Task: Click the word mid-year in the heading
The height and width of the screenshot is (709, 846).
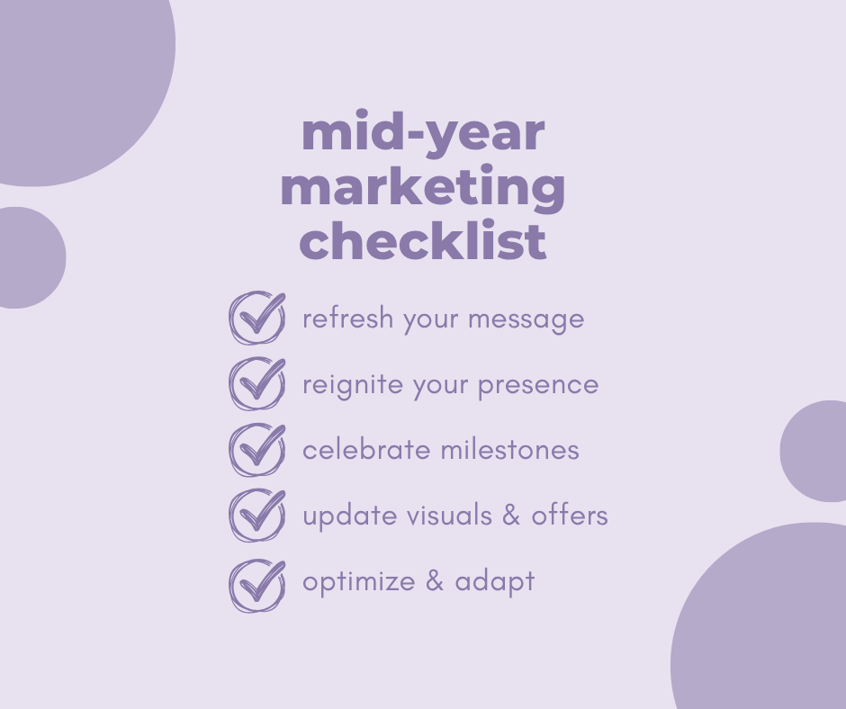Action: [x=423, y=133]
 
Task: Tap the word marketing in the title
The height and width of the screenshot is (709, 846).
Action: [x=423, y=187]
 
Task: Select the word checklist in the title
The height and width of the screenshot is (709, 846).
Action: [x=423, y=239]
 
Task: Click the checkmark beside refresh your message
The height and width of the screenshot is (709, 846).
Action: [x=257, y=318]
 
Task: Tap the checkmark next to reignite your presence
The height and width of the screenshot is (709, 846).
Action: [x=257, y=383]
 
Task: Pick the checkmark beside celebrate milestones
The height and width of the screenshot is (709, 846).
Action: [x=257, y=450]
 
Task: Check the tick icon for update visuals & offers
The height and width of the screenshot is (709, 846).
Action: [x=257, y=516]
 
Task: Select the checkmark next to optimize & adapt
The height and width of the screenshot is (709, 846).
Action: [x=257, y=586]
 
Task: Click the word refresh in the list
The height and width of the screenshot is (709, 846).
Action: [x=348, y=318]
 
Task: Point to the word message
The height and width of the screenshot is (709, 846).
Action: [x=526, y=320]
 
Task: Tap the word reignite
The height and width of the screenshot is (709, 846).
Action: [x=353, y=385]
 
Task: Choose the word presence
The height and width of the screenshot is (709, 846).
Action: [x=538, y=386]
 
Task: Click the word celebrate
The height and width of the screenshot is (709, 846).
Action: [x=365, y=450]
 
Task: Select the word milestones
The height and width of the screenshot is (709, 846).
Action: [x=510, y=450]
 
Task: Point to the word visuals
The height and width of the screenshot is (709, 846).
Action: [x=449, y=516]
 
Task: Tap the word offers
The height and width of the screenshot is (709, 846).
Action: [x=570, y=516]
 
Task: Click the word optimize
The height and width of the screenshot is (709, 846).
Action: [x=359, y=582]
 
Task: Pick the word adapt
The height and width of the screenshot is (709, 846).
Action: [x=495, y=582]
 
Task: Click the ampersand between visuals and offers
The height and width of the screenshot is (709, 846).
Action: [x=511, y=516]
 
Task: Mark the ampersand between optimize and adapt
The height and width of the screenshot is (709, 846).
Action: [x=435, y=581]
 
